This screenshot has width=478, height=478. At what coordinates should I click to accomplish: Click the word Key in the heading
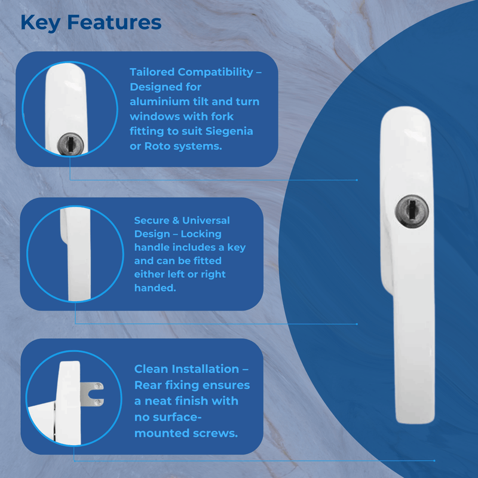coord(40,23)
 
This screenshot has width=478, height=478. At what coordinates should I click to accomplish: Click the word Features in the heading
coord(114,22)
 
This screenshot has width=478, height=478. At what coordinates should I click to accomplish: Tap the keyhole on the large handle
coord(412,212)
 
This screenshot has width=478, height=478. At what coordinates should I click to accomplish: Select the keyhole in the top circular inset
coord(71,144)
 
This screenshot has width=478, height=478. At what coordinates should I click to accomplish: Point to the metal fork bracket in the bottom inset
coord(92,394)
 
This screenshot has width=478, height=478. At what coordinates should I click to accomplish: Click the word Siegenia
coord(229,131)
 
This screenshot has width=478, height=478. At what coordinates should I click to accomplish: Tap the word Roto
coord(157,146)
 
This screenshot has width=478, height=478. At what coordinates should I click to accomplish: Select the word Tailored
coord(152,72)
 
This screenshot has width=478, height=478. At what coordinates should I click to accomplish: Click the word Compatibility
coord(216,72)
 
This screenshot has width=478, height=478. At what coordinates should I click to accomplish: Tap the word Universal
coord(206,220)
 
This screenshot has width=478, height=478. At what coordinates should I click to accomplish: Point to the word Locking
coord(201,234)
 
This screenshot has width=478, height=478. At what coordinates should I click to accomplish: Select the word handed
coord(155,288)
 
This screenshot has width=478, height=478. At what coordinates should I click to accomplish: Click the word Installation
coord(205,369)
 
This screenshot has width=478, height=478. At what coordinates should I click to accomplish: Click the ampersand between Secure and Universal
coord(176,220)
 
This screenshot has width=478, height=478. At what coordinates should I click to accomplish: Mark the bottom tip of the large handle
coord(415,422)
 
